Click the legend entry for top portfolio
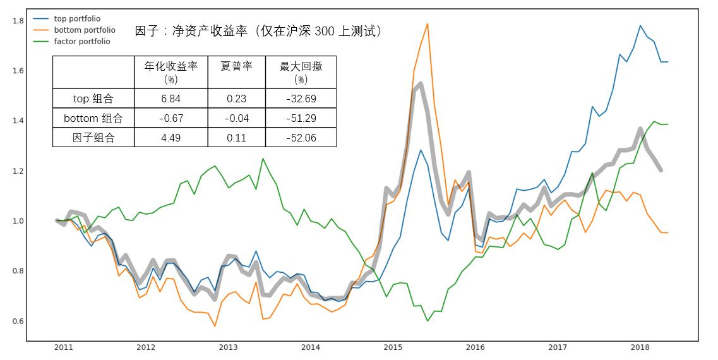77,19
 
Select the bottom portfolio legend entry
85,30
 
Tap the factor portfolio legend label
82,42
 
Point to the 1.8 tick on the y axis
18,21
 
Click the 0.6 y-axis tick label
18,321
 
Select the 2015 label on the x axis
393,347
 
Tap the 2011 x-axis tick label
63,347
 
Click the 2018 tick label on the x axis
640,347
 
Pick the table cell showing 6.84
171,99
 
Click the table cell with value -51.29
300,118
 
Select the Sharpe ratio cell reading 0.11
236,138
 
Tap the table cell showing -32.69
300,99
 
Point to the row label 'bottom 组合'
93,118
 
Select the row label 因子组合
93,138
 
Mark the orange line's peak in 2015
428,24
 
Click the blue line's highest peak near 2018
640,26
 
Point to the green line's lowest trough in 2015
428,321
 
